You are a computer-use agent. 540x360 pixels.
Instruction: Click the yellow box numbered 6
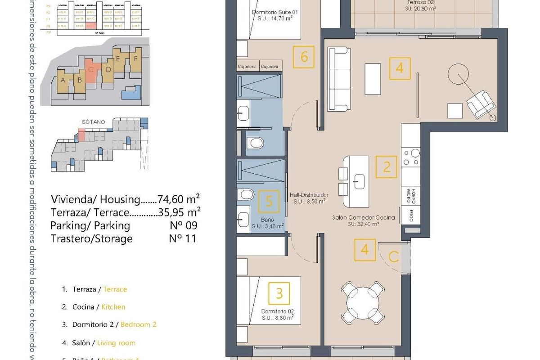pos(304,57)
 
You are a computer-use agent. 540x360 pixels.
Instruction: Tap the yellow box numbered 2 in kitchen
pos(387,167)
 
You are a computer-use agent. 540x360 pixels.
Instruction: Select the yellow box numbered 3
pos(279,293)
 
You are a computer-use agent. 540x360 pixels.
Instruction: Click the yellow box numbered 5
pos(269,201)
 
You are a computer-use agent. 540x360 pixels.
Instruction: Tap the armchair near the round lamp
pos(480,104)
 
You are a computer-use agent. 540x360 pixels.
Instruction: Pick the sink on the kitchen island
pos(360,182)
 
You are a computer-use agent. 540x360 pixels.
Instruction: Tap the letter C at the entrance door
pos(393,257)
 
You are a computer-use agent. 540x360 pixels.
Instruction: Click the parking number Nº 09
pos(183,225)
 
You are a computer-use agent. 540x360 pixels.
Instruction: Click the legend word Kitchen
pos(113,307)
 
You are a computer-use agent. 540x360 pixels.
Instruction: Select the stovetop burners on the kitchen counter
pos(411,157)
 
